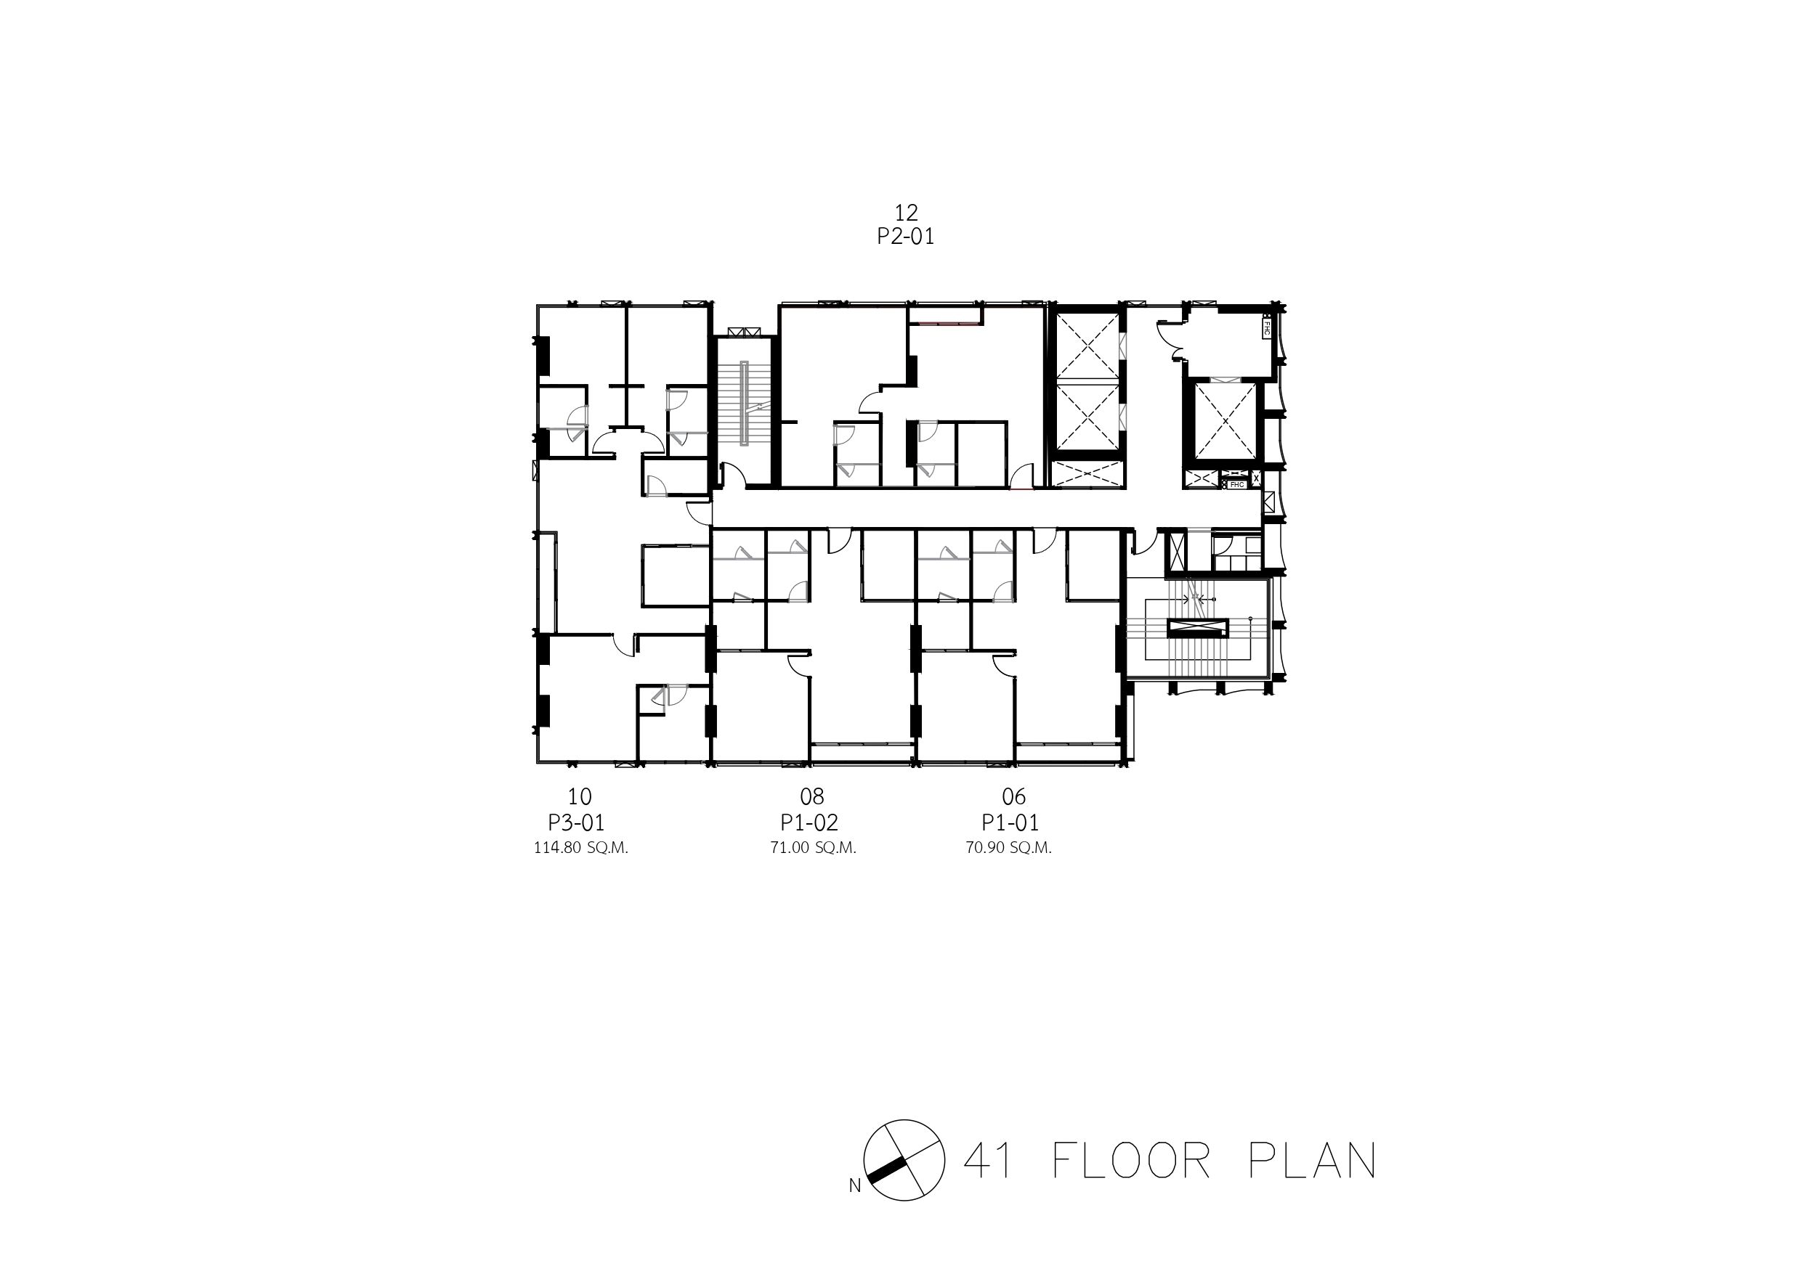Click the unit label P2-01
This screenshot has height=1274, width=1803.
tap(905, 236)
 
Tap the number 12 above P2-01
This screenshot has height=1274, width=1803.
tap(905, 212)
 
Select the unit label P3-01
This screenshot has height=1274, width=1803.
tap(576, 822)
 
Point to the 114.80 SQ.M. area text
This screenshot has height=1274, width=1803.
tap(581, 849)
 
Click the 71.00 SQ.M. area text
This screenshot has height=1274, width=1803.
tap(814, 849)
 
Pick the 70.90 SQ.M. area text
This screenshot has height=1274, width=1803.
tap(1009, 849)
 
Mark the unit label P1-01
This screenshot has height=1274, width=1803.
tap(1010, 822)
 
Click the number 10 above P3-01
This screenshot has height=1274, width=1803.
tap(580, 797)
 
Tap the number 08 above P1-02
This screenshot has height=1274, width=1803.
tap(812, 797)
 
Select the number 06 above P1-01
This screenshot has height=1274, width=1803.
tap(1014, 797)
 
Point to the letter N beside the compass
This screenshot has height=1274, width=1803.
tap(854, 1186)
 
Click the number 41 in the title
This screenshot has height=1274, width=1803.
tap(988, 1161)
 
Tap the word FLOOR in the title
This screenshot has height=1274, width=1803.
tap(1131, 1161)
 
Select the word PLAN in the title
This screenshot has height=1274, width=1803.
tap(1312, 1161)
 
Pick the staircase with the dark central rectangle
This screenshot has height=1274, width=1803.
tap(1196, 627)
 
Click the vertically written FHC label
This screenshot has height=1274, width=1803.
tap(1268, 327)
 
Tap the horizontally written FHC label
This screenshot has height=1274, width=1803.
tap(1238, 484)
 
